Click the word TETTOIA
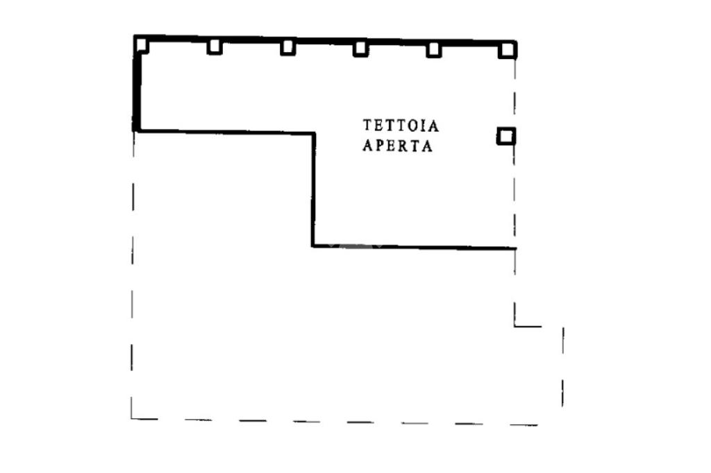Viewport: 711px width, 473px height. [x=401, y=126]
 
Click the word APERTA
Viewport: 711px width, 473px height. [x=398, y=147]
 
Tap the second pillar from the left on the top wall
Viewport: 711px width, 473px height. [x=215, y=46]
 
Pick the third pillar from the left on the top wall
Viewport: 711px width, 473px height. [x=287, y=47]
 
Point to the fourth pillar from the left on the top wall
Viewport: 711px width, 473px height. [x=360, y=49]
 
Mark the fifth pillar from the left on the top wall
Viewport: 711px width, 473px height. [x=433, y=49]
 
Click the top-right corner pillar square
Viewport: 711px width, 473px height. [x=507, y=49]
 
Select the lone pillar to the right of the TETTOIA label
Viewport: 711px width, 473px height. [x=506, y=136]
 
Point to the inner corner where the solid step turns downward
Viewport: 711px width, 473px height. [x=313, y=133]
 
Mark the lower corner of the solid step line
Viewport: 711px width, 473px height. [x=313, y=246]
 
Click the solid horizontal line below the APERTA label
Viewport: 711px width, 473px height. [x=417, y=247]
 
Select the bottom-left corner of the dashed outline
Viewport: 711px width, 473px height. [x=132, y=418]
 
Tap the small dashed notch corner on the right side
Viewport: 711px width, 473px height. [x=515, y=325]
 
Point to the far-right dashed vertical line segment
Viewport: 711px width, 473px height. [x=562, y=368]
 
